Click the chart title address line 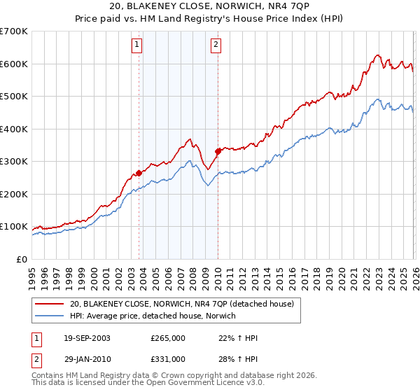point(210,6)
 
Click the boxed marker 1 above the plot point(136,46)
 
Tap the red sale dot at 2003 point(139,173)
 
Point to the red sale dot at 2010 point(218,151)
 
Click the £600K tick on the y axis point(14,64)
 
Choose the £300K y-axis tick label point(14,162)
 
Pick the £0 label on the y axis point(21,260)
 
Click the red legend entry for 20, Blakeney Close point(185,304)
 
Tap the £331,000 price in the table point(168,359)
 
